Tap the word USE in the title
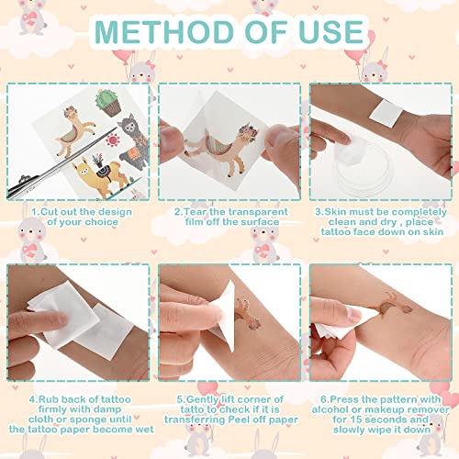point(331,32)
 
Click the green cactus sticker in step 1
point(108,103)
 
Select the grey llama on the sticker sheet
point(133,140)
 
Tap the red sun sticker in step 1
point(113,140)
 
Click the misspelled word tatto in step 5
point(192,409)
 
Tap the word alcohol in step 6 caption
point(330,409)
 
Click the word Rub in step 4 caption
point(49,399)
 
